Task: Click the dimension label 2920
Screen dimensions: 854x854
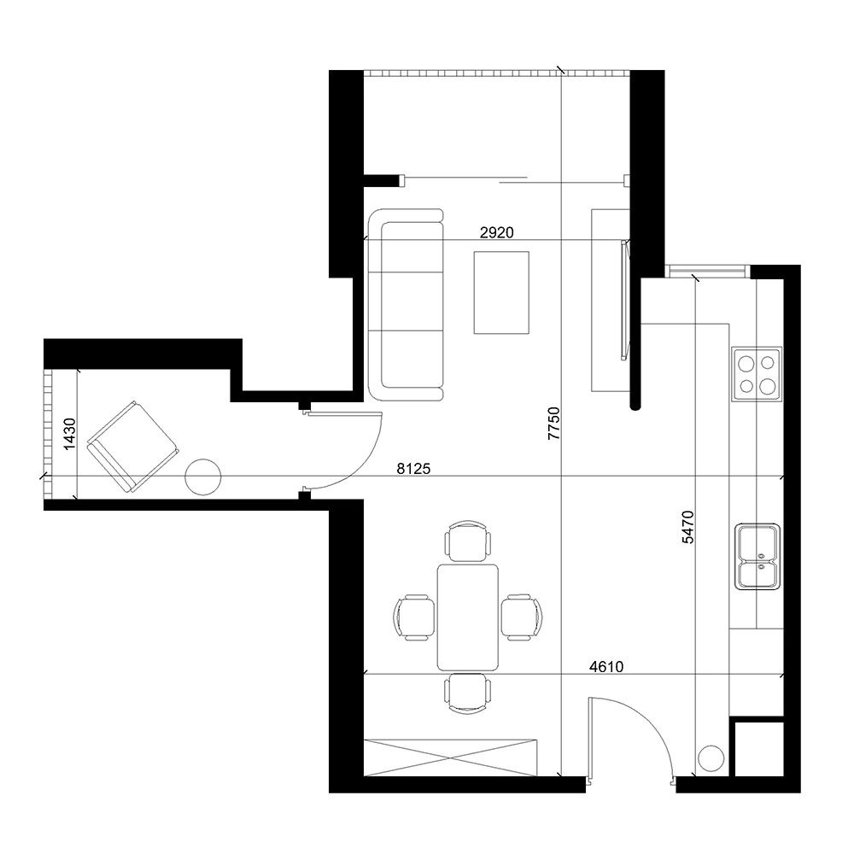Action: click(x=496, y=232)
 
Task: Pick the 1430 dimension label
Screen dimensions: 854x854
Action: click(x=70, y=433)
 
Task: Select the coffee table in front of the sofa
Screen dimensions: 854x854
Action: click(x=501, y=292)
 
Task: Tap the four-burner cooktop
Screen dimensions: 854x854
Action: click(x=757, y=374)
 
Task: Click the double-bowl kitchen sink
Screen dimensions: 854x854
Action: click(x=757, y=557)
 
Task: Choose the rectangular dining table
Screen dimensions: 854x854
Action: click(x=468, y=617)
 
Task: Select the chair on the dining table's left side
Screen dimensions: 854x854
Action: click(x=414, y=617)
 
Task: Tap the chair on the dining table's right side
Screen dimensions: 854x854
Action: click(x=522, y=617)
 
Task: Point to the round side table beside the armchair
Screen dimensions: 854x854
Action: click(x=204, y=476)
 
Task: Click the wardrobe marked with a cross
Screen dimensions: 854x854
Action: click(x=450, y=756)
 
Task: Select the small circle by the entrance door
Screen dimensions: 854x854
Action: click(x=711, y=757)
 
